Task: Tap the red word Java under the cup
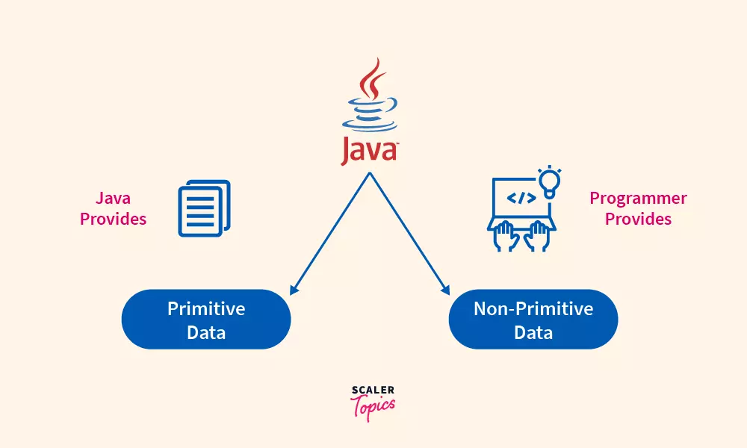tap(369, 150)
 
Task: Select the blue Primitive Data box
tap(206, 320)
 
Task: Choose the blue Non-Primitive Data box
tap(533, 320)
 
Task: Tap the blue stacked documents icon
tap(204, 208)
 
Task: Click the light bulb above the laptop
tap(550, 181)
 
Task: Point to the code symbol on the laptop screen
tap(521, 198)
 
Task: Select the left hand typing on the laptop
tap(506, 236)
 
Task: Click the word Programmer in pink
tap(638, 199)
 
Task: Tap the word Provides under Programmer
tap(638, 220)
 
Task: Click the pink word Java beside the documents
tap(114, 199)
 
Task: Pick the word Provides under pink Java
tap(114, 220)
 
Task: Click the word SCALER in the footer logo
tap(373, 390)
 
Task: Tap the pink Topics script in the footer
tap(373, 405)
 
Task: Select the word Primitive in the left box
tap(206, 308)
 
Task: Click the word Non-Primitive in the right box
tap(533, 308)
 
